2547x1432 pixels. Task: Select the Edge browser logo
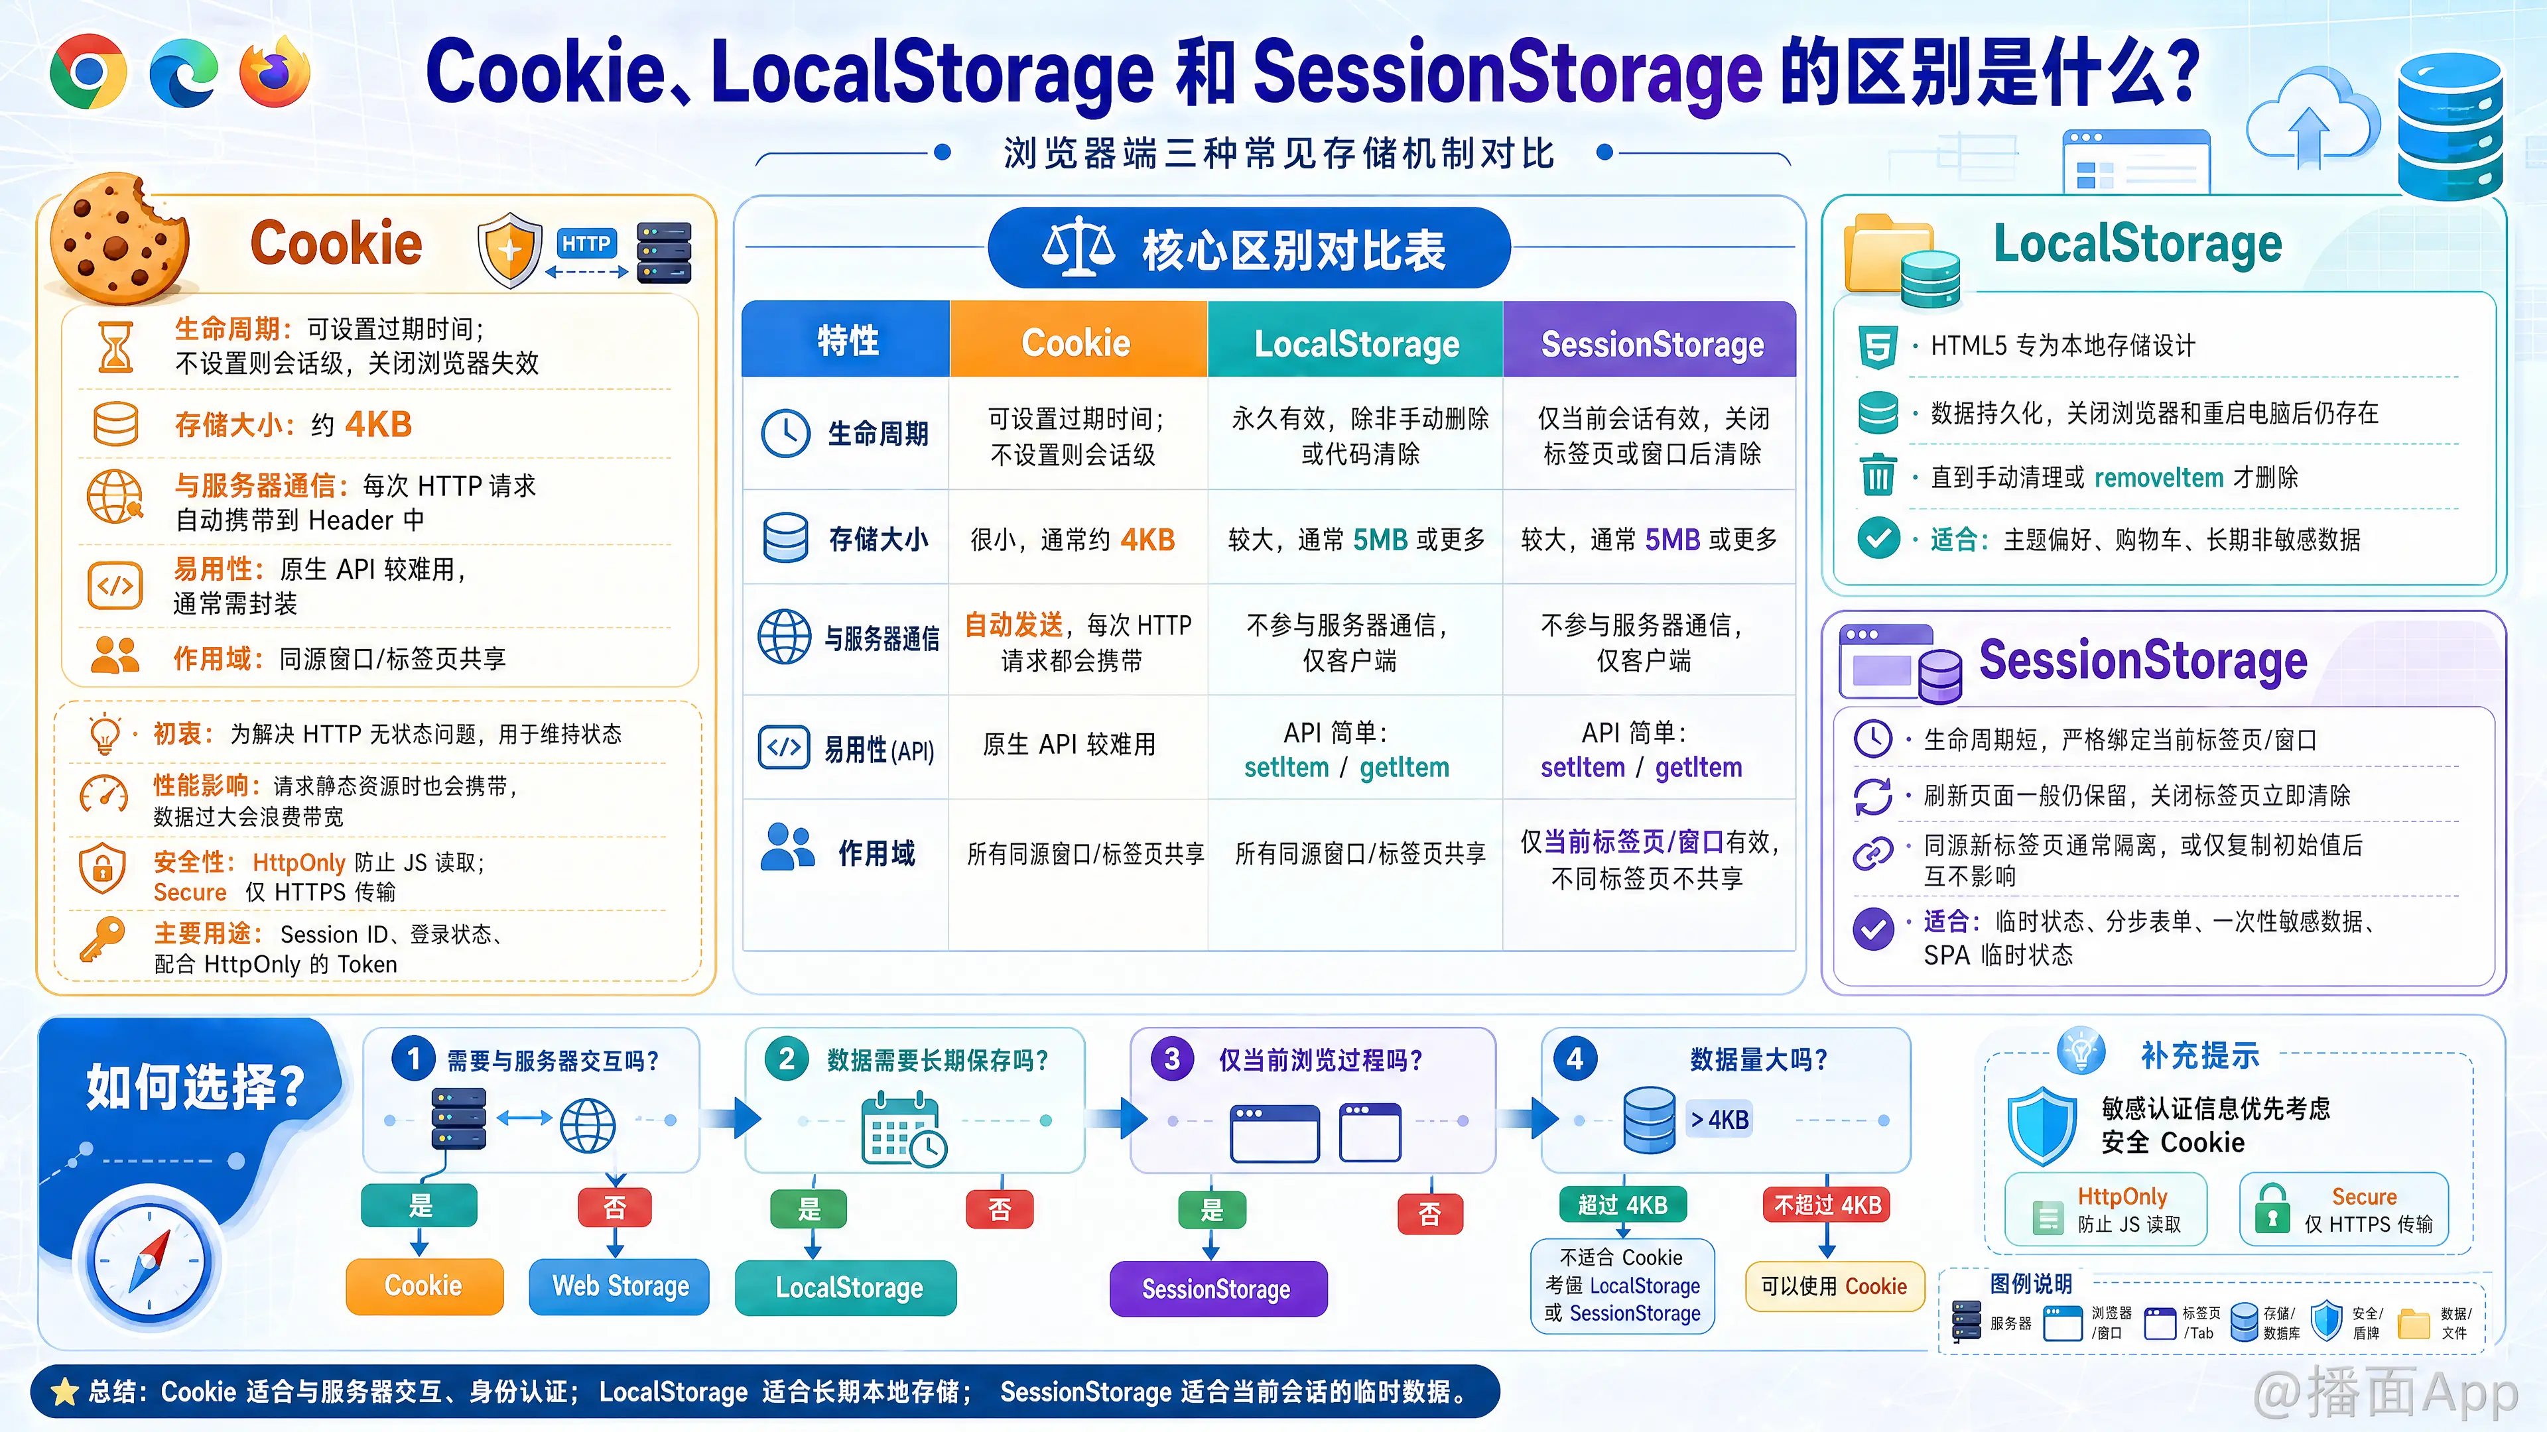[x=184, y=72]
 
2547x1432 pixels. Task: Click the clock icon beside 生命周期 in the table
[x=786, y=433]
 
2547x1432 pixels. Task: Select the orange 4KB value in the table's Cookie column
[x=1147, y=540]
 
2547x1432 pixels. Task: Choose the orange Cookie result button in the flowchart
[x=424, y=1285]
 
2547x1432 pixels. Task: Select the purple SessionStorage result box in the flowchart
[x=1217, y=1289]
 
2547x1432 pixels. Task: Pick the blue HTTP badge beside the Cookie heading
[x=585, y=243]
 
